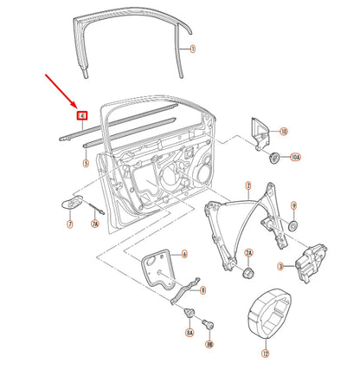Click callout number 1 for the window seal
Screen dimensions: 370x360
click(193, 49)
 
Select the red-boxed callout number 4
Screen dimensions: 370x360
click(82, 114)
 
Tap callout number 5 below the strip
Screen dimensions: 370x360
click(86, 162)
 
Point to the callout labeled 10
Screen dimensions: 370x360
click(284, 132)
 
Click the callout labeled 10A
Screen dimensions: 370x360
click(295, 159)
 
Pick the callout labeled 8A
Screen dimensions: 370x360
click(189, 331)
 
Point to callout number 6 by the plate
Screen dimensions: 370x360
click(184, 255)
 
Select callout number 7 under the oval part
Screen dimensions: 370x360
click(69, 224)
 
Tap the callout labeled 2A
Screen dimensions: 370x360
click(248, 253)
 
